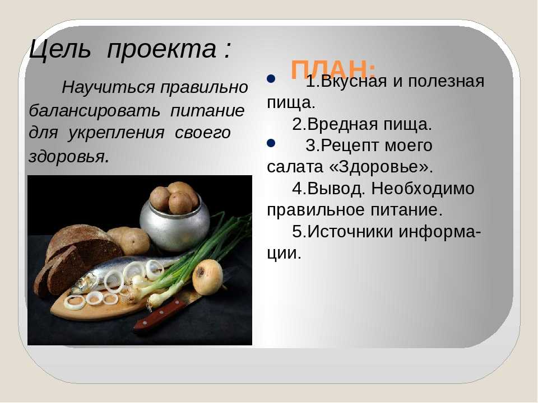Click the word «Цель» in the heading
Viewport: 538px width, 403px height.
pyautogui.click(x=61, y=49)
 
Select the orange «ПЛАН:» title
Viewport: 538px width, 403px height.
pyautogui.click(x=333, y=69)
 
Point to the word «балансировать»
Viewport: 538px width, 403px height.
pyautogui.click(x=94, y=111)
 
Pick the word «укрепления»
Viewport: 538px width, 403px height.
pyautogui.click(x=117, y=133)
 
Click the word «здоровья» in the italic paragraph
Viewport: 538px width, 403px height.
pyautogui.click(x=67, y=156)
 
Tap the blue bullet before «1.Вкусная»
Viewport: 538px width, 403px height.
pyautogui.click(x=271, y=79)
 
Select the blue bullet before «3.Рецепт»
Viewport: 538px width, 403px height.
pyautogui.click(x=271, y=143)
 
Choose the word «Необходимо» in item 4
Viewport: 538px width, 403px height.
pyautogui.click(x=423, y=189)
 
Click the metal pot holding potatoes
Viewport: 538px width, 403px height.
pyautogui.click(x=175, y=223)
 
